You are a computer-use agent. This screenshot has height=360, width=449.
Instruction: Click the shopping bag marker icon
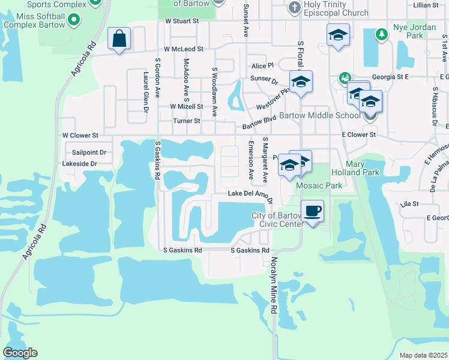click(119, 39)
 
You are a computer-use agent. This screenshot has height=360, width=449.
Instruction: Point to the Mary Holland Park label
click(363, 168)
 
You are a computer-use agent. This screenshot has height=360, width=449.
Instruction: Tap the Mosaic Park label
click(319, 186)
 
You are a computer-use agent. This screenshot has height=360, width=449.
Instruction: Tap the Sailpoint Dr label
click(89, 152)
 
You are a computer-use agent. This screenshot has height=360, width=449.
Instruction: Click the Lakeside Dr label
click(80, 163)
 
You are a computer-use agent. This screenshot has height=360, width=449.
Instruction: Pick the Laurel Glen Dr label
click(145, 92)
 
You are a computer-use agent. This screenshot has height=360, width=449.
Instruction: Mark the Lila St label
click(409, 204)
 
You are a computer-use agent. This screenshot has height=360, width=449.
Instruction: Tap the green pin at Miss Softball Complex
click(73, 20)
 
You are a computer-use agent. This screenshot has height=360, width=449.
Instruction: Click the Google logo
click(20, 353)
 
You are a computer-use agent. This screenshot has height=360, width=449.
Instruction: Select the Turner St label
click(186, 121)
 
